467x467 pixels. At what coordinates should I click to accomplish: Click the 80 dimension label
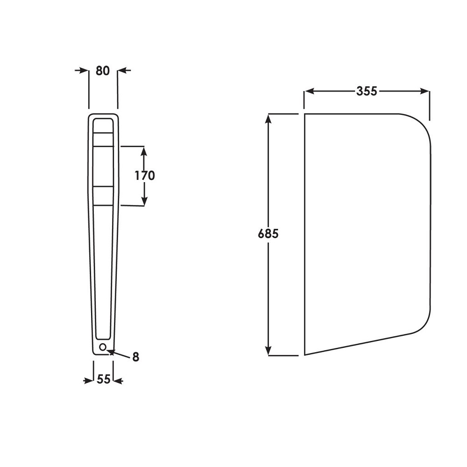point(102,71)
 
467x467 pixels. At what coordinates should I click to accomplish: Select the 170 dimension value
point(144,176)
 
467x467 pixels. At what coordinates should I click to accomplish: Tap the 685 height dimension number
point(268,233)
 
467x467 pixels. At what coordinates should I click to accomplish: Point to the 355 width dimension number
point(367,92)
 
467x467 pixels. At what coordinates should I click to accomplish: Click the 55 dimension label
point(104,380)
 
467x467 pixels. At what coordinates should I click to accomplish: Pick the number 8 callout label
point(135,357)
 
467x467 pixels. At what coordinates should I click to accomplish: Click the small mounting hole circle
point(103,347)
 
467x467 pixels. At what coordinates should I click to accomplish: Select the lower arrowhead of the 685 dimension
point(268,350)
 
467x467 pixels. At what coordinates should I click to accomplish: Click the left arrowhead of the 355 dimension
point(309,92)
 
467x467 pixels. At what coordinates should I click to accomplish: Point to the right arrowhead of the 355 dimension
point(425,92)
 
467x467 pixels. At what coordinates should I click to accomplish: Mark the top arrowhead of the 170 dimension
point(144,151)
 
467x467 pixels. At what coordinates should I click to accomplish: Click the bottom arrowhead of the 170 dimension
point(144,200)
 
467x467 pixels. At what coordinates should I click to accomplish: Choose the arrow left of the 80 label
point(84,71)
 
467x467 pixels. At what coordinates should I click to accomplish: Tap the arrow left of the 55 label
point(89,381)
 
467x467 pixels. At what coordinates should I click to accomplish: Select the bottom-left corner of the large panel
point(305,354)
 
